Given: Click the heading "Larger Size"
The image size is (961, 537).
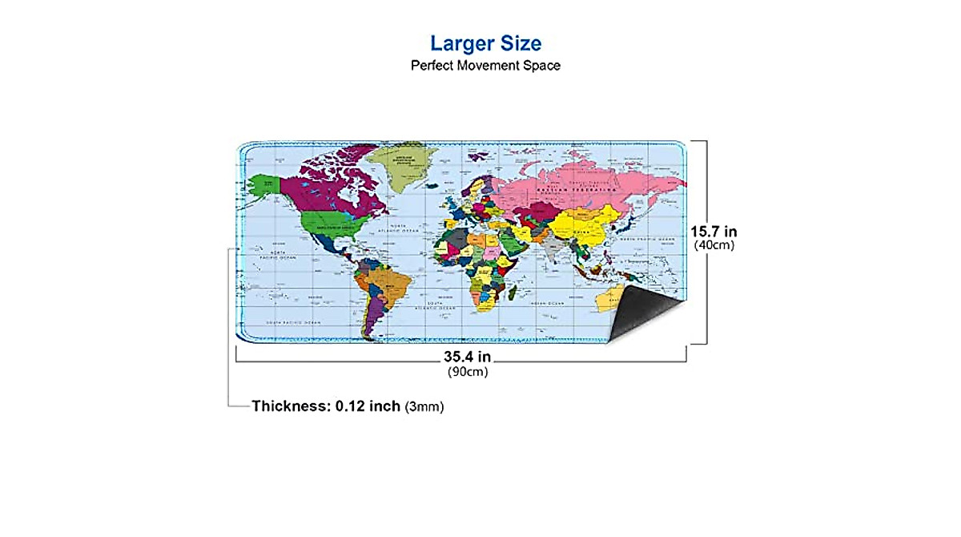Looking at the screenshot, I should pos(485,42).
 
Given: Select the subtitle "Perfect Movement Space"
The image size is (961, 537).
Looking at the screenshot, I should pos(485,66).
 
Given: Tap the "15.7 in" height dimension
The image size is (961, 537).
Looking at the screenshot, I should pos(714,231).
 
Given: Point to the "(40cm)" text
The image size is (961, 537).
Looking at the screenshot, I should pos(714,245).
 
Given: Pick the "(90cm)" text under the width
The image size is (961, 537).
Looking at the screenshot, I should pos(468,371).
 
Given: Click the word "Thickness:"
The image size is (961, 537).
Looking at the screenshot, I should pos(287,406).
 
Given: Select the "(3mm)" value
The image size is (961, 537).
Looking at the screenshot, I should pos(424,407).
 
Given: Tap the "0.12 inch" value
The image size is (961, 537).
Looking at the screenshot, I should pos(368,406).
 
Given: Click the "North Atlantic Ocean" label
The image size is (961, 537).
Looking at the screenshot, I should pos(400,228).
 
